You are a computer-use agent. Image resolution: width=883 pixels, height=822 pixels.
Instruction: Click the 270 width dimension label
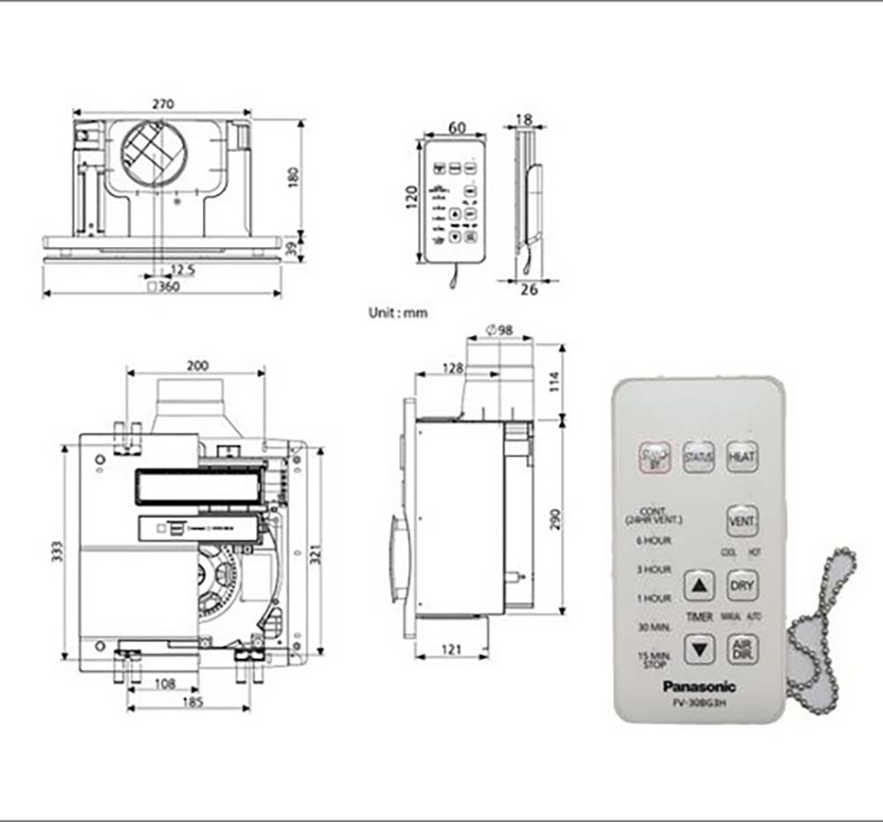click(162, 104)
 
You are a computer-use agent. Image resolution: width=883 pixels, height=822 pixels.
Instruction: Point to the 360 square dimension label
click(163, 286)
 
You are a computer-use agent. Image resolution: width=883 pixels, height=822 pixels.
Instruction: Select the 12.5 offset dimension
click(183, 268)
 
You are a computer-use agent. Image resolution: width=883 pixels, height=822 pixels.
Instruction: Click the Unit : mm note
click(397, 313)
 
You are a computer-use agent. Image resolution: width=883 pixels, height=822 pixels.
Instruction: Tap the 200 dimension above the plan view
click(197, 365)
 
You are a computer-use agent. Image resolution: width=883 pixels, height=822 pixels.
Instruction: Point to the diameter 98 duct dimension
click(500, 330)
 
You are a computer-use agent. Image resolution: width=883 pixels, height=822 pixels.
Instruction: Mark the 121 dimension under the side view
click(450, 650)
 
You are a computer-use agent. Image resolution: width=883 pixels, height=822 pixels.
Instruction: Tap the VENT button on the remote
click(741, 521)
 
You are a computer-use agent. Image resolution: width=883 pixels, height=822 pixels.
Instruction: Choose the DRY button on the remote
click(742, 584)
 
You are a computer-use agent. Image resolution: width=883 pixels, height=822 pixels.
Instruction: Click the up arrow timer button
click(699, 584)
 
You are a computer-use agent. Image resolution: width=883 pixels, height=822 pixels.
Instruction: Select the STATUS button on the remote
click(698, 457)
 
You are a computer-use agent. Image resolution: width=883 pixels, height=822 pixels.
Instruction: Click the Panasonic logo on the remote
click(698, 686)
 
